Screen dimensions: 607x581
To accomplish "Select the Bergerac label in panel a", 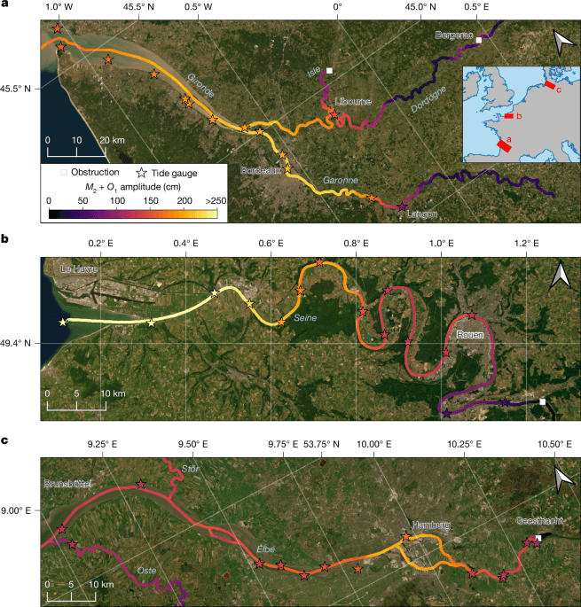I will (x=452, y=35).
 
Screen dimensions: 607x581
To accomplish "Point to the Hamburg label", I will (x=429, y=525).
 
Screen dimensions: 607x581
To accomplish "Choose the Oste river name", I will (x=148, y=570).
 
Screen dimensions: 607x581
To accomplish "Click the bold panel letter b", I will (x=6, y=239).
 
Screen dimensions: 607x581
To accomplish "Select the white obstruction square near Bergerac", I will (x=479, y=41).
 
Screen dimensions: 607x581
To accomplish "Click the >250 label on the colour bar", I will (x=215, y=202).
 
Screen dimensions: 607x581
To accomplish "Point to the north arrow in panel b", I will (x=558, y=277).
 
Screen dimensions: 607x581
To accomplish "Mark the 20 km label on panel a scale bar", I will (x=111, y=140).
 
